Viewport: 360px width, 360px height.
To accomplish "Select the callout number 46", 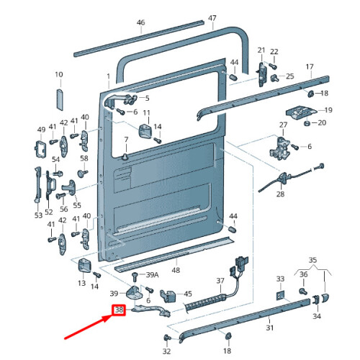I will tap(141, 22).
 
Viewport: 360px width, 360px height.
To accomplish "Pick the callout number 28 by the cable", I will tap(280, 194).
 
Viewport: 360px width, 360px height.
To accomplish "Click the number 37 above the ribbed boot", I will tap(220, 281).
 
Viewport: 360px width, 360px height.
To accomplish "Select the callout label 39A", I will tap(151, 275).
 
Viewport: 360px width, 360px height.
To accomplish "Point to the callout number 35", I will tap(312, 259).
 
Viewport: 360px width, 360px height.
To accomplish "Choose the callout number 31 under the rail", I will tap(270, 328).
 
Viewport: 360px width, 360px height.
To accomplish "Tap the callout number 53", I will tap(38, 214).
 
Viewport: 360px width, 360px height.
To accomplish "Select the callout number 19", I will tap(328, 110).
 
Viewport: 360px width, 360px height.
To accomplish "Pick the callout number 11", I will tap(146, 114).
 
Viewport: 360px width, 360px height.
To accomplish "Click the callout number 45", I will tap(188, 294).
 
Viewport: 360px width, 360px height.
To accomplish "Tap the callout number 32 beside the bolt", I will tap(166, 351).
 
